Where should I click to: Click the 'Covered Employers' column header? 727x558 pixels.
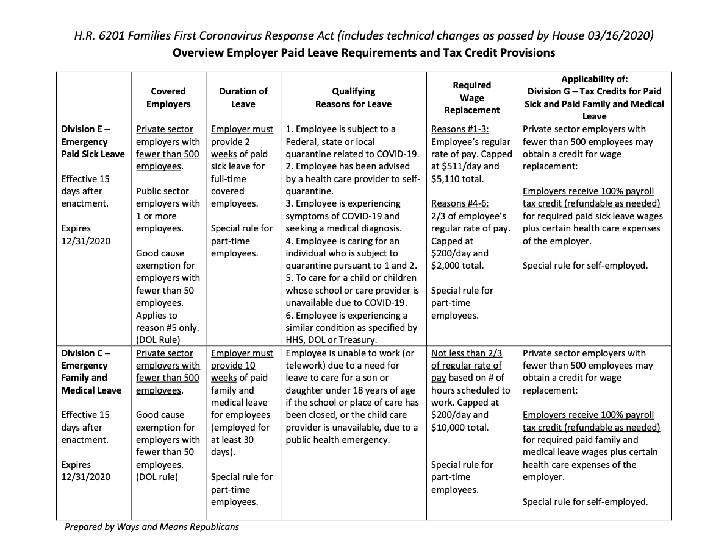tap(168, 97)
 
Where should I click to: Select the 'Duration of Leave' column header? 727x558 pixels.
tap(243, 97)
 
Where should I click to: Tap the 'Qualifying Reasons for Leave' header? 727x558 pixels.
tap(353, 97)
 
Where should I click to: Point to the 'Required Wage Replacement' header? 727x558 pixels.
tap(472, 97)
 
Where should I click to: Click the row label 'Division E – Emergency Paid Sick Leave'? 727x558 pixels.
tap(93, 141)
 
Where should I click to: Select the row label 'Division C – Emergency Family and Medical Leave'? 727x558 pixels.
tap(91, 372)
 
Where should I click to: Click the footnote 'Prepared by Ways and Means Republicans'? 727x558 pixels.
tap(152, 526)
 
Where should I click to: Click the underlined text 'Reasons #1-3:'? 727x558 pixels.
tap(459, 129)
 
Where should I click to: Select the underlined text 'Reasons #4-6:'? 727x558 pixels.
tap(459, 203)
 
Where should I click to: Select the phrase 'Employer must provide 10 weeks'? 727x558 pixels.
tap(242, 366)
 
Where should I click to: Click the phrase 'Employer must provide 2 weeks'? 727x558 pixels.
tap(242, 141)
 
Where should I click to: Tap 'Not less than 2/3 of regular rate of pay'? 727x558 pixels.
tap(467, 366)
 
